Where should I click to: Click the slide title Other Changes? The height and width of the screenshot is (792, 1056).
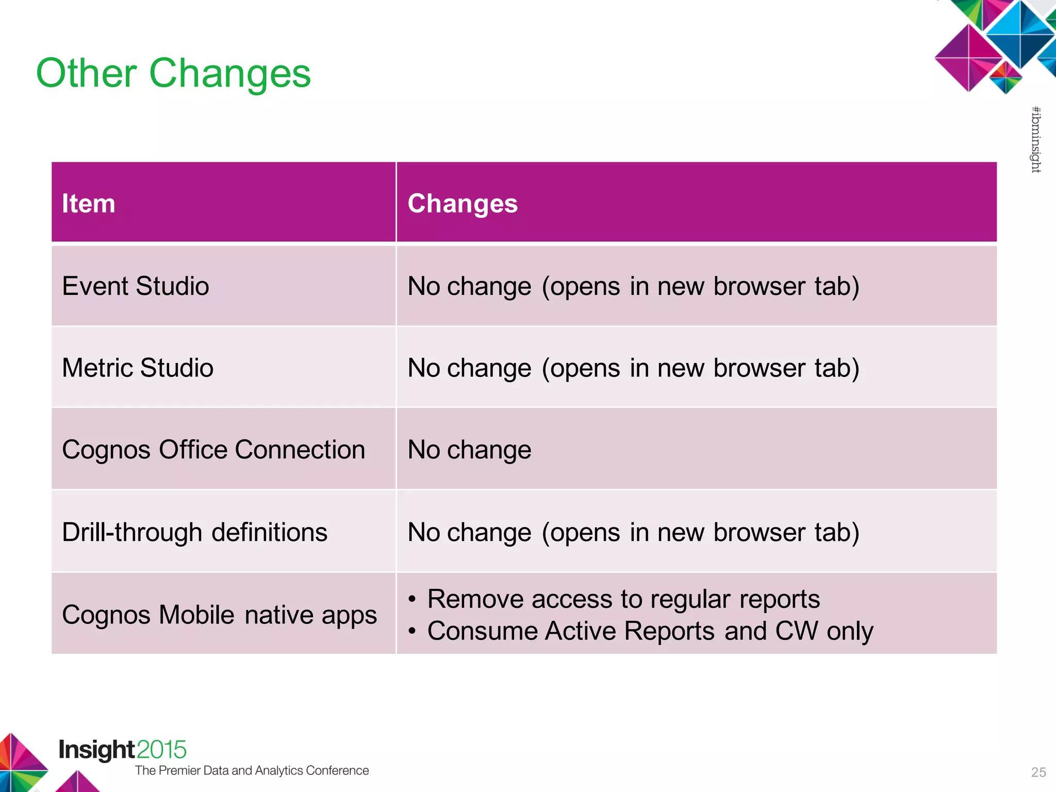(173, 73)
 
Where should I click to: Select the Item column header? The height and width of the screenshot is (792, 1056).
(89, 203)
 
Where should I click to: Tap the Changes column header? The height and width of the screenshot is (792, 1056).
(463, 203)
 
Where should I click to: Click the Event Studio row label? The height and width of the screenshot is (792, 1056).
(136, 286)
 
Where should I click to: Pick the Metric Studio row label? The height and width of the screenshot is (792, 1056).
(138, 368)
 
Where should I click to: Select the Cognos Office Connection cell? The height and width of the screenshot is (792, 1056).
(213, 450)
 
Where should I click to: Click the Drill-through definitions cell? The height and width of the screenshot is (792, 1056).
(194, 532)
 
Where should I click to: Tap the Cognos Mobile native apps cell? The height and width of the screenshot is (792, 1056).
(219, 615)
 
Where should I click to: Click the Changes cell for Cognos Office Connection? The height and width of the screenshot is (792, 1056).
(469, 450)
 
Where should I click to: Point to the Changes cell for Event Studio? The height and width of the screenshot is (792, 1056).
(633, 286)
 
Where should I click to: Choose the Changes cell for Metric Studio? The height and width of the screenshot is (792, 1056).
(633, 368)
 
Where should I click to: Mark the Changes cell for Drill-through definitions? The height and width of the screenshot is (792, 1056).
(633, 532)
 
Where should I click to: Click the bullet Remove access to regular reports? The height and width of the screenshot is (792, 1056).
(623, 599)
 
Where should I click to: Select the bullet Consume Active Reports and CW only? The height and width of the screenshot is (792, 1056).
(650, 631)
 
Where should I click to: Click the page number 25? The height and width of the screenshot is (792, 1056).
(1038, 772)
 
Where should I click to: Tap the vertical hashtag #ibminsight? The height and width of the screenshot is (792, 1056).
(1035, 140)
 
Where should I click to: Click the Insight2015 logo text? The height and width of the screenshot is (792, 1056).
(122, 750)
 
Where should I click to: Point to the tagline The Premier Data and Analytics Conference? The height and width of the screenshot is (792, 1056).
(252, 770)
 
